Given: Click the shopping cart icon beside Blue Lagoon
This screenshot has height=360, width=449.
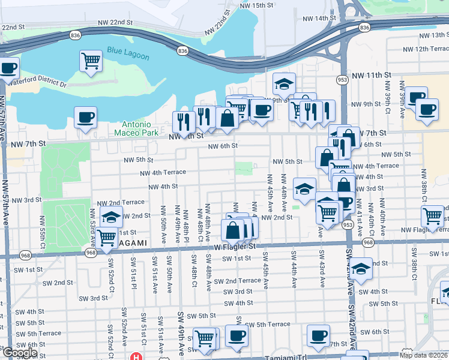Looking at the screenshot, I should [x=91, y=60].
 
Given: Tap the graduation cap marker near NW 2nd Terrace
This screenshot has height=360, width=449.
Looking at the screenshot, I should [x=112, y=217].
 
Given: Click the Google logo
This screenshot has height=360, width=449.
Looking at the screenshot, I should [x=20, y=353].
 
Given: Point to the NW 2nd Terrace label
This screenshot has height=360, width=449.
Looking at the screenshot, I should [x=125, y=203].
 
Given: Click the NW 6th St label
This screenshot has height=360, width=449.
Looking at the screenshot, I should [x=223, y=146].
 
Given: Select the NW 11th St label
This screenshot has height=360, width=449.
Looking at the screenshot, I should [x=372, y=75].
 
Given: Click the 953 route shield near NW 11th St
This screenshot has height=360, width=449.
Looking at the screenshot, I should [x=342, y=79].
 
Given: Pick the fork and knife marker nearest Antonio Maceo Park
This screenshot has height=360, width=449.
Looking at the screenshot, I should [x=184, y=122].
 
